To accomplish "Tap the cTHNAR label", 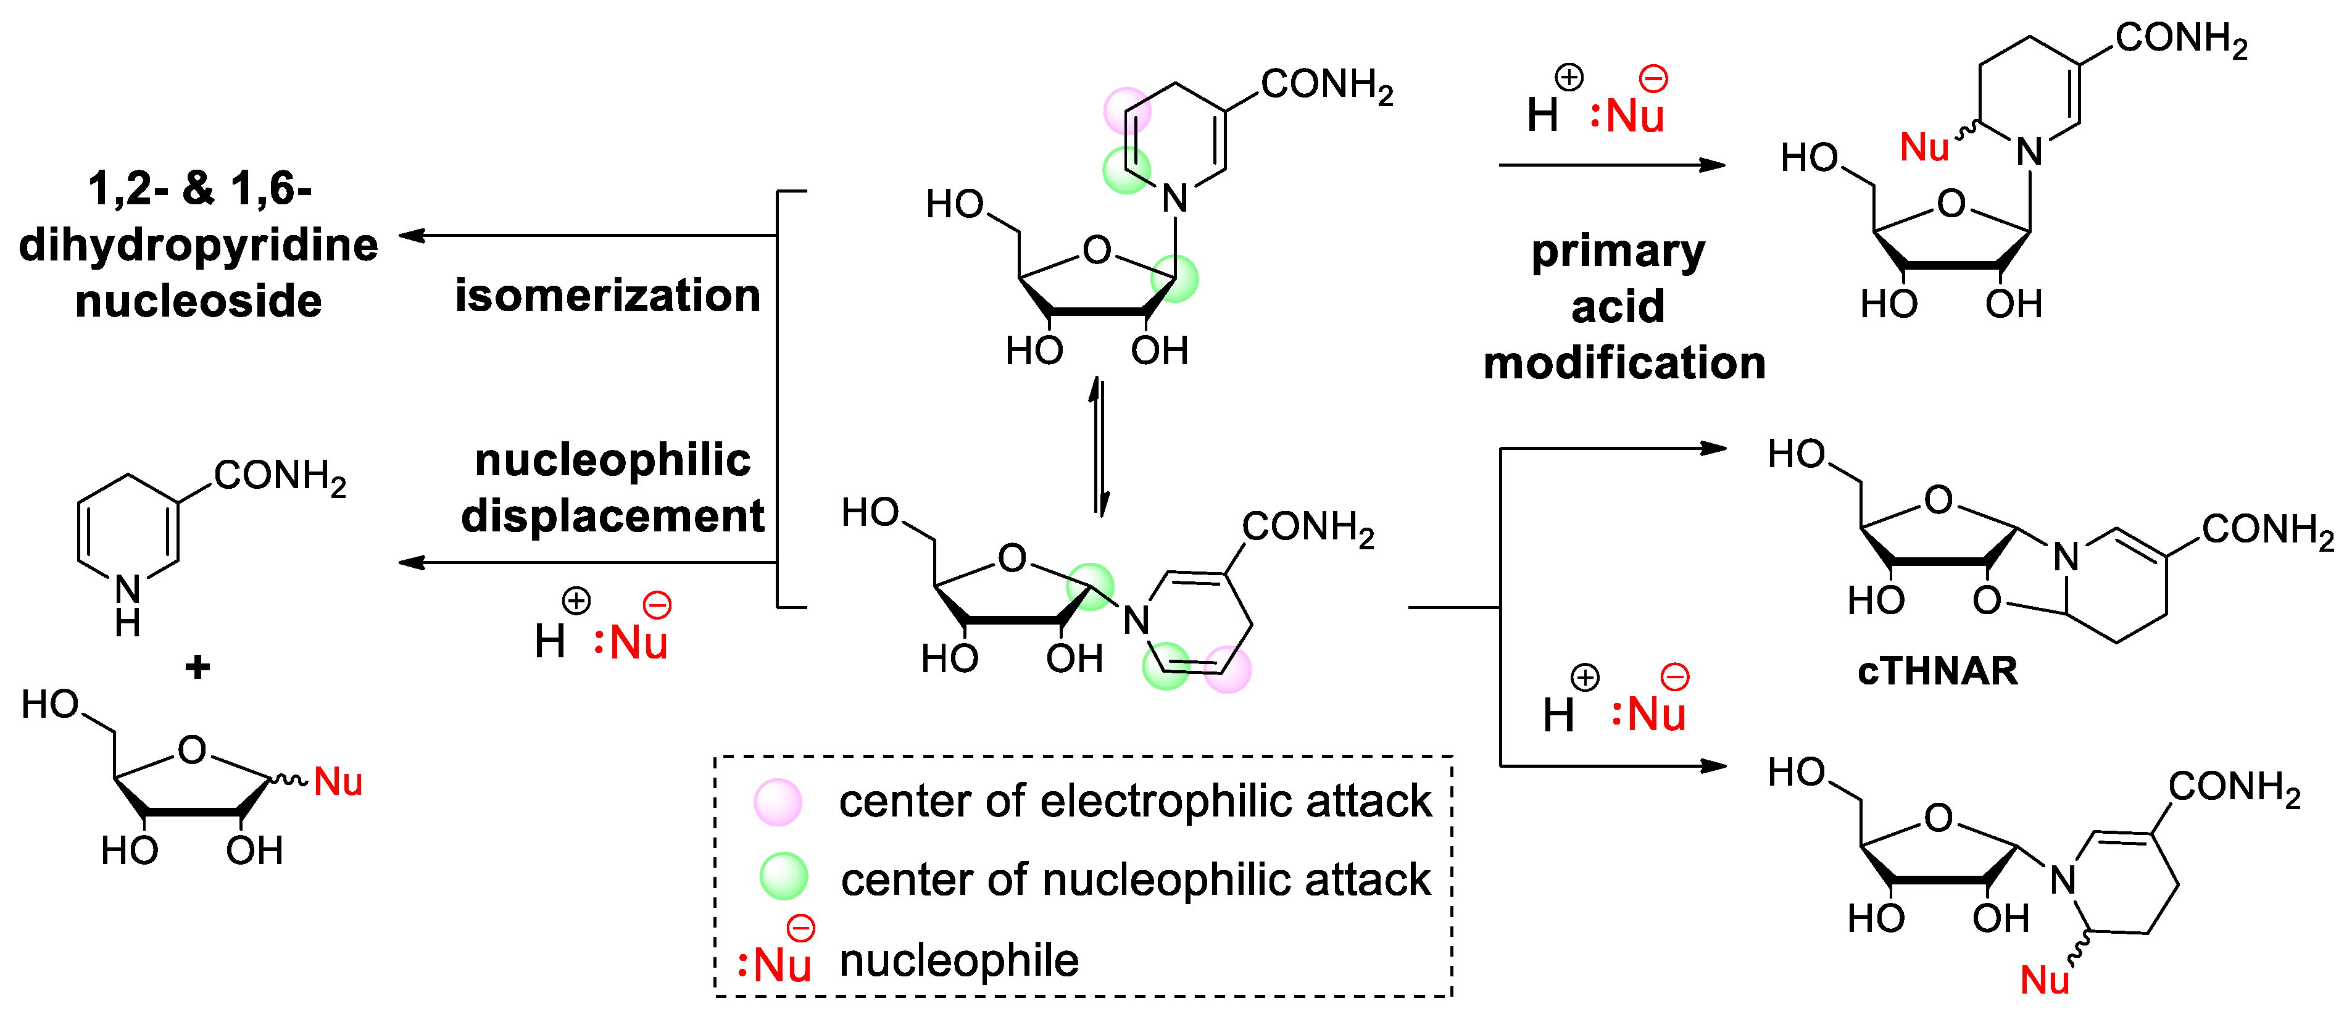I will (1937, 671).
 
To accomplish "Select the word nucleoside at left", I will (198, 301).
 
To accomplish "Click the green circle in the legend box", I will (783, 877).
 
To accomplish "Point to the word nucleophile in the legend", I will (958, 961).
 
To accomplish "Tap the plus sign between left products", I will (197, 667).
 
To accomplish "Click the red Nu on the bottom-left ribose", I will (338, 782).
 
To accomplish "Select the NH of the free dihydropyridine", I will (128, 604).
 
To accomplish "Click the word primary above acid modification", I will (1618, 251).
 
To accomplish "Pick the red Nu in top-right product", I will (1924, 147).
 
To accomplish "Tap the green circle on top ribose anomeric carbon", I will (1174, 278).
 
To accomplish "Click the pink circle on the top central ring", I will (1128, 111).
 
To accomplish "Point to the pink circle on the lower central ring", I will (1227, 669).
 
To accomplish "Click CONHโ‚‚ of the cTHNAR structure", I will (2267, 530).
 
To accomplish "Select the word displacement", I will (613, 517).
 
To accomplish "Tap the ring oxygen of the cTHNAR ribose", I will (1937, 500).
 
